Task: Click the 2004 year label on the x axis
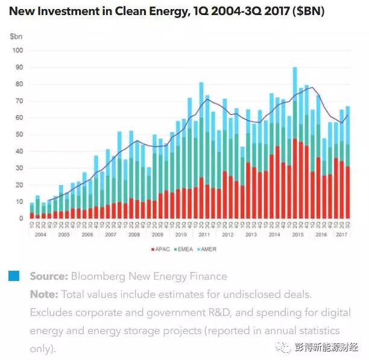[x=40, y=234]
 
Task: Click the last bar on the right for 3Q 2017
[x=348, y=162]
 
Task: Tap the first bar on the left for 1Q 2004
[x=31, y=211]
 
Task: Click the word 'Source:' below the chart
[x=49, y=277]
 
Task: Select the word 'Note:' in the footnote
[x=44, y=295]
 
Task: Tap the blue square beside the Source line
[x=13, y=276]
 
